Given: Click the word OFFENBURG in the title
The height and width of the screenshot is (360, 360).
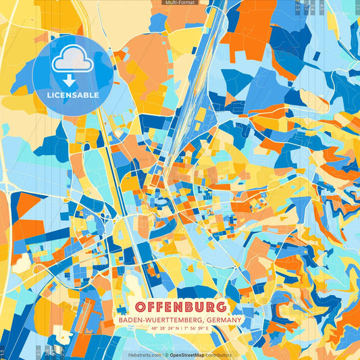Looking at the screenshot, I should (180, 306).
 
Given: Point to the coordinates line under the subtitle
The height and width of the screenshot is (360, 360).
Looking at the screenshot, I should (180, 329).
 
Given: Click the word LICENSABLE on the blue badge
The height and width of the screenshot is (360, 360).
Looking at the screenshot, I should (73, 95).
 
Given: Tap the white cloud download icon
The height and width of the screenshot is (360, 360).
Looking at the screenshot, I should (73, 61).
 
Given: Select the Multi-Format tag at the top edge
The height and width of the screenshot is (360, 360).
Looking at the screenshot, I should (180, 3).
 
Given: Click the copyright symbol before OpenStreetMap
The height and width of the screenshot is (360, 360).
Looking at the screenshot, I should (166, 355).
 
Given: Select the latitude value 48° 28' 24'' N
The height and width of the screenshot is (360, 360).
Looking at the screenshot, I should (162, 329).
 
